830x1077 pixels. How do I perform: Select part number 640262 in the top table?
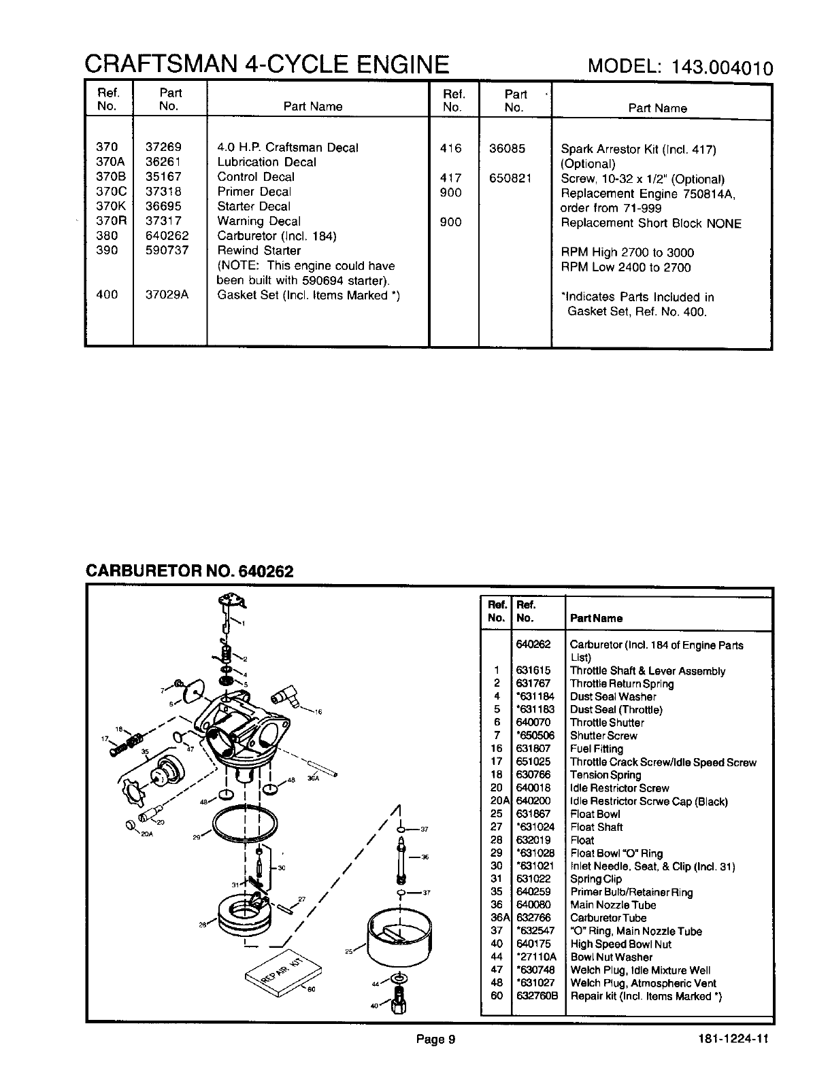(167, 236)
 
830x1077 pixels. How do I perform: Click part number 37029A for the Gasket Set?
(167, 294)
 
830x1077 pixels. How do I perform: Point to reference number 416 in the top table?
(450, 148)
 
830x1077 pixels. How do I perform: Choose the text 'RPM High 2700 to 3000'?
(627, 252)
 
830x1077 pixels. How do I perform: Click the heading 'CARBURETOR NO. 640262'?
(189, 570)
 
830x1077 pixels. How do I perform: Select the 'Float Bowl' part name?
(595, 814)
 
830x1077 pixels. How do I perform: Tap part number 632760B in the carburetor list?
(537, 996)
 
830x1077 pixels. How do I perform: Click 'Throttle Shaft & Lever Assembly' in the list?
(647, 671)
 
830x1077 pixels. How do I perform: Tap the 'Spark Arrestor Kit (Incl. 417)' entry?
(638, 150)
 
